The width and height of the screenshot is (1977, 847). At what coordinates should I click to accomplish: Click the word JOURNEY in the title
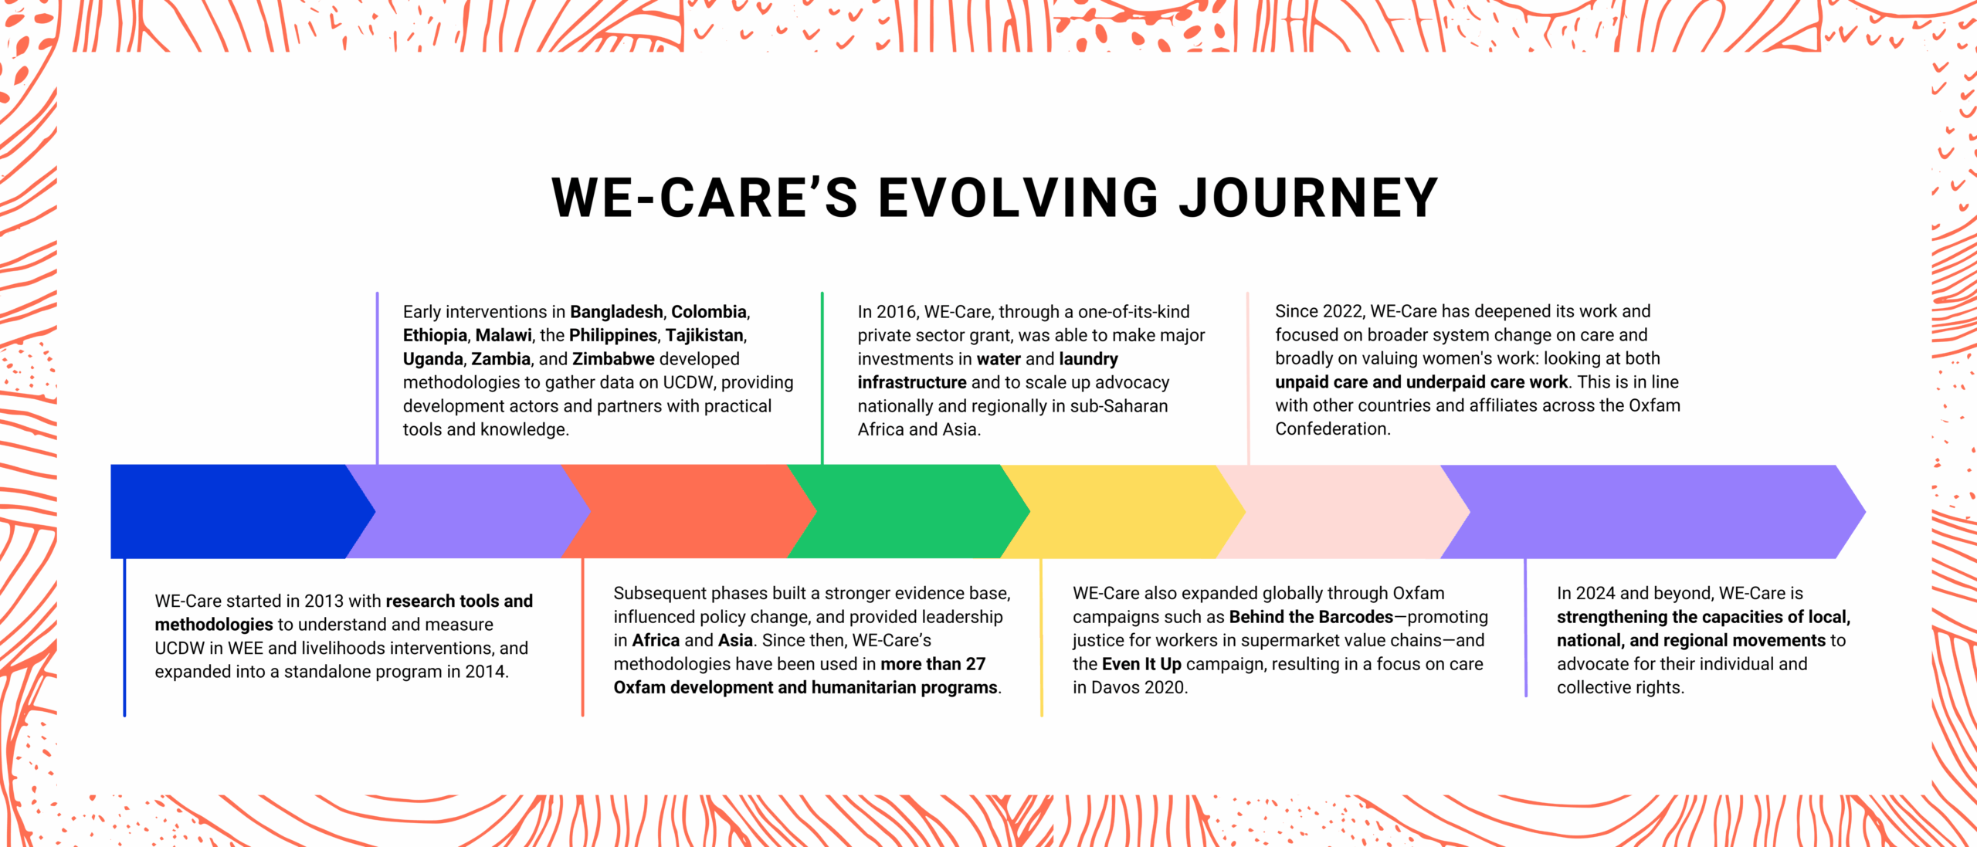tap(1308, 198)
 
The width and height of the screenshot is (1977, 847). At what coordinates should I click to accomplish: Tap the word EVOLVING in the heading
tap(1018, 198)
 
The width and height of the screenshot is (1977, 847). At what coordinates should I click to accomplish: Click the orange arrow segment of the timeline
tap(687, 511)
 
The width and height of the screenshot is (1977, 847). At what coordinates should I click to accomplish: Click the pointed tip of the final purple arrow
tap(1865, 511)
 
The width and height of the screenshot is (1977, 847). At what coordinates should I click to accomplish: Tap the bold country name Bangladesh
tap(616, 312)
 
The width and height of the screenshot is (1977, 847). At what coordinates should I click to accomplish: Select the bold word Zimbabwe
tap(613, 359)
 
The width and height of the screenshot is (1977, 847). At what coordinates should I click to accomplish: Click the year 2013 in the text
tap(324, 601)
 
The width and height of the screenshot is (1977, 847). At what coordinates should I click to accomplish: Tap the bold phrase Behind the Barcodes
tap(1311, 617)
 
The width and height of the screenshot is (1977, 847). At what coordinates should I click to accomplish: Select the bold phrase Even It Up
tap(1141, 664)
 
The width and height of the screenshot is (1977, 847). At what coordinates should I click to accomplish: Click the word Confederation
tap(1331, 429)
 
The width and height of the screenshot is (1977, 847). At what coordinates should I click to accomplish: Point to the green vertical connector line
tap(822, 378)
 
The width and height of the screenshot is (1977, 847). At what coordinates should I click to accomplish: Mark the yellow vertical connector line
tap(1041, 637)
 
